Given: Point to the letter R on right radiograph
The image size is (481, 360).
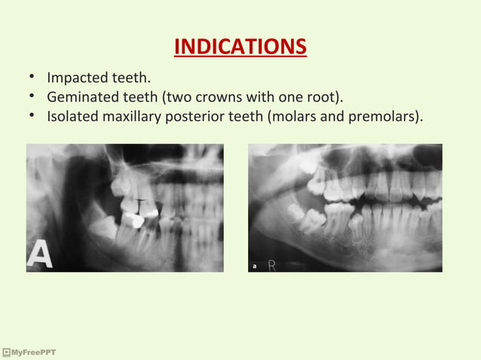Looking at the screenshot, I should [x=271, y=265].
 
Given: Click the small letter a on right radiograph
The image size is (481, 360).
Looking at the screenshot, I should [x=254, y=266].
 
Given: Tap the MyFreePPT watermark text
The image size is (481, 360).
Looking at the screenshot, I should [x=32, y=352].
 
